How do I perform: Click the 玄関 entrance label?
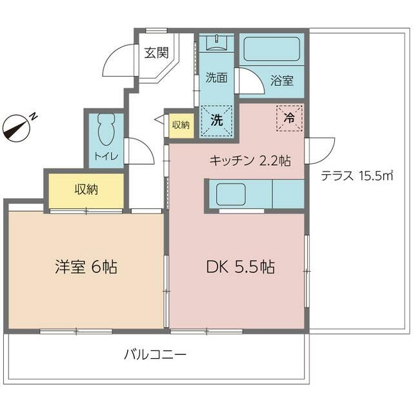pos(156,53)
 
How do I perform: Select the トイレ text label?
pos(106,156)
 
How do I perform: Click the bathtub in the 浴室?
pos(272,49)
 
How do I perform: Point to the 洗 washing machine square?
pos(217,121)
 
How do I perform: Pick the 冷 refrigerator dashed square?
pos(289,117)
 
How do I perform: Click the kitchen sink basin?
pos(231,194)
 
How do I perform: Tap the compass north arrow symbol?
pos(16,128)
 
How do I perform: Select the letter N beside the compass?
pos(34,116)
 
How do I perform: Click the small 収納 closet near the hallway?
pos(181,125)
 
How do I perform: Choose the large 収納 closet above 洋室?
pos(86,190)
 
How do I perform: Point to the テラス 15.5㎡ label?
pos(357,176)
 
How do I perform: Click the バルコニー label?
pos(155,354)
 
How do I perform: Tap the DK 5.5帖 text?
pos(241,267)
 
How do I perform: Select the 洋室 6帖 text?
pos(86,267)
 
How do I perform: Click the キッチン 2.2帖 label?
pos(250,161)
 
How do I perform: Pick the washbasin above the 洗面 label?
pos(216,43)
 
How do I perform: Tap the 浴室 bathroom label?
pos(282,80)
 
